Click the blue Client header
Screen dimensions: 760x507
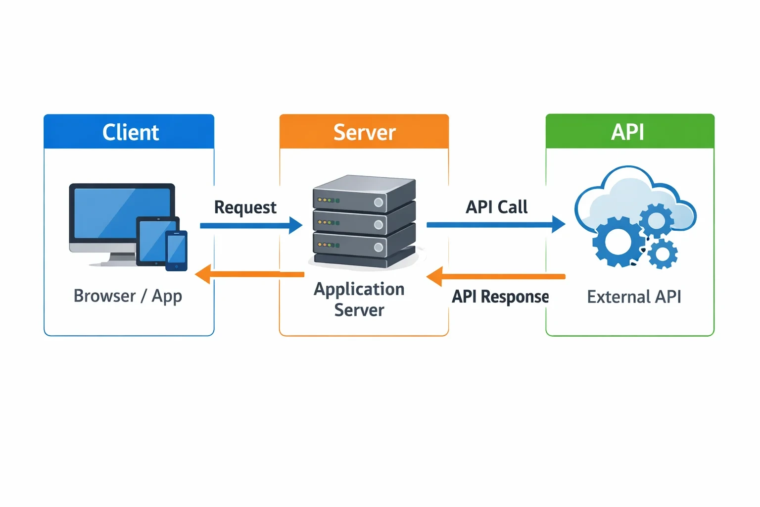[129, 131]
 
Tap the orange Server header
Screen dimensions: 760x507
[364, 131]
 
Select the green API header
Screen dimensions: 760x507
[630, 131]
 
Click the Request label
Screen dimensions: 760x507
[245, 207]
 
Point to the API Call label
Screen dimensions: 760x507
[496, 207]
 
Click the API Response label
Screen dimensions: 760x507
[500, 297]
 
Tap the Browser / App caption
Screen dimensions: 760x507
[128, 296]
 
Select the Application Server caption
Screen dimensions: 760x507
[359, 300]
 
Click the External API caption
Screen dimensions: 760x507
[634, 297]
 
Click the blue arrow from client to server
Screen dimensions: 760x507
[251, 225]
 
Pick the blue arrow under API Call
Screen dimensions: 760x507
[496, 224]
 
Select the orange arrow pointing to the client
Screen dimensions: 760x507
[249, 274]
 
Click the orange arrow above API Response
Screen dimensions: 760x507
[496, 276]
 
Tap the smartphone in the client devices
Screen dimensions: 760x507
[177, 251]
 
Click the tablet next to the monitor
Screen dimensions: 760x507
[157, 241]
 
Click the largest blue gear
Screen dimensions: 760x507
[618, 242]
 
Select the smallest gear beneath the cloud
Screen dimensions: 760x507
[663, 254]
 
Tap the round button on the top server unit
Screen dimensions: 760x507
[379, 203]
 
